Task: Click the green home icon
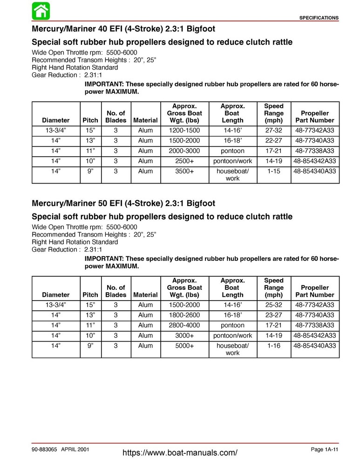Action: coord(41,11)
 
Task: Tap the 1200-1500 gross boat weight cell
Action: coord(184,130)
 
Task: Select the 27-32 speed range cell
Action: coord(273,130)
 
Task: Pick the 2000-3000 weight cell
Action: coord(184,151)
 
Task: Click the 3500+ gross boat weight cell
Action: coord(184,171)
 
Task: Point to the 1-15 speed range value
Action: coord(273,171)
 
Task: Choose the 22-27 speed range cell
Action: coord(273,141)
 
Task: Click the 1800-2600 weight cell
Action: coord(184,315)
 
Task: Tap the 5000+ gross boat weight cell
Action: coord(184,345)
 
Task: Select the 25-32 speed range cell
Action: coord(273,304)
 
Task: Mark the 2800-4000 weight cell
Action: coord(184,325)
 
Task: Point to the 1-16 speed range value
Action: coord(273,345)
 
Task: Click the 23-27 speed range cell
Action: coord(273,315)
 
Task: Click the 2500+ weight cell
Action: coord(184,161)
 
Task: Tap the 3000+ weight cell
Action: coord(184,335)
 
